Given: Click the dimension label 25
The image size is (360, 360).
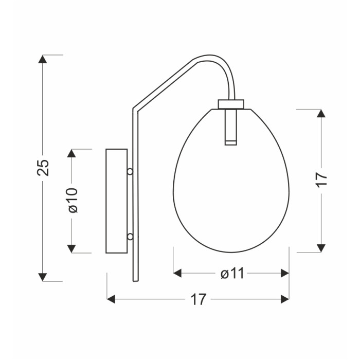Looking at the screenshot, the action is [x=43, y=168].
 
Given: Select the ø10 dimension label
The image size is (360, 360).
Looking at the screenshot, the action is [x=73, y=200].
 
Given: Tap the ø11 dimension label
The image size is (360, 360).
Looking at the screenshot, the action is [x=232, y=273].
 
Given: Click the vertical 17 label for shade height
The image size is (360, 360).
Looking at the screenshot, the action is [x=321, y=179].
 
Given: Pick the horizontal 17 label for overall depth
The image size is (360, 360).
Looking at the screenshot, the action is [x=199, y=299].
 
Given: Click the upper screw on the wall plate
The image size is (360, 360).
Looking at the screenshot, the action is [x=130, y=171].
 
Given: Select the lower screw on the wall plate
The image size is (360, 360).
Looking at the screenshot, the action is [x=130, y=237].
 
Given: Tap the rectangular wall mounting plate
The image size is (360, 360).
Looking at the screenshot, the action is [x=116, y=201].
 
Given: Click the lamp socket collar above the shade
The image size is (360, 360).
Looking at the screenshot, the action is [x=231, y=104].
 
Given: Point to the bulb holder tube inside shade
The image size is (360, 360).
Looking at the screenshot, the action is [x=231, y=127].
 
